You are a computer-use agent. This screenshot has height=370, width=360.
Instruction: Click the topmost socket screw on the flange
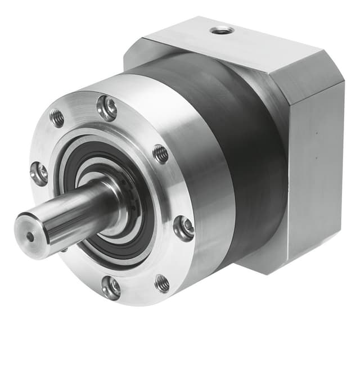coord(106,107)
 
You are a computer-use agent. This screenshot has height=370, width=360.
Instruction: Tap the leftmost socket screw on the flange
coord(39,173)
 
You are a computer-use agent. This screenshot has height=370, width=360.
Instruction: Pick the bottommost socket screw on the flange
coord(111,287)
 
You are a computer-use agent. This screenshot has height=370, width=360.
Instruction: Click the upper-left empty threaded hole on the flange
coord(57,118)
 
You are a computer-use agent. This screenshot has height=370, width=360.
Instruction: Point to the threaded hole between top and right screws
coord(160,153)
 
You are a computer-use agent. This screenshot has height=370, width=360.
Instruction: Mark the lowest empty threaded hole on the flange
coord(162,283)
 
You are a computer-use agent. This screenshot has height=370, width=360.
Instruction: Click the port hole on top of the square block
coord(221,29)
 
